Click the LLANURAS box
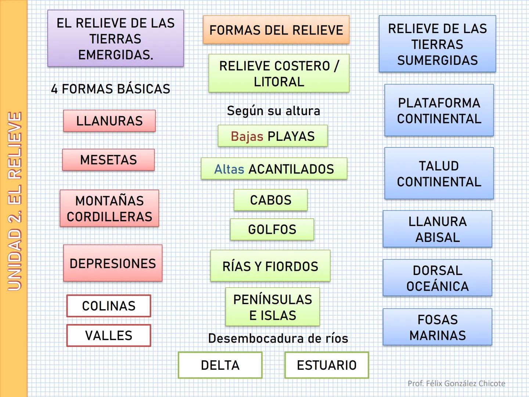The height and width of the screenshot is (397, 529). [x=109, y=121]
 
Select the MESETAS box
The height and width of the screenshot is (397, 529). [x=108, y=160]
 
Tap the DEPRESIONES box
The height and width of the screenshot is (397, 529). [x=113, y=263]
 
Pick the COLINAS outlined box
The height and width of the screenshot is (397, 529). [x=109, y=306]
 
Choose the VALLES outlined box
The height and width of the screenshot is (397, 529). [x=109, y=335]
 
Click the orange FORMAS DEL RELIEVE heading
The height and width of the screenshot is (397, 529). [x=276, y=30]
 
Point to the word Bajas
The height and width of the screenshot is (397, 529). [x=247, y=136]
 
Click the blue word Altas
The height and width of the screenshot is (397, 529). [x=229, y=169]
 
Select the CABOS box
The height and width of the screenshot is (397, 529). [x=270, y=200]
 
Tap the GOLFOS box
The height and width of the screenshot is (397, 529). [x=272, y=229]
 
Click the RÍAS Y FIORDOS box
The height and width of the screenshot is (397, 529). [x=270, y=266]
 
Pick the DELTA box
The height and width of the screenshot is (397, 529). [x=220, y=365]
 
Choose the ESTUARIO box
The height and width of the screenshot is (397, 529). [x=327, y=365]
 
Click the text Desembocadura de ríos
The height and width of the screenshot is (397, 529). [x=278, y=338]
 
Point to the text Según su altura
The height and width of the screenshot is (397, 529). [x=273, y=111]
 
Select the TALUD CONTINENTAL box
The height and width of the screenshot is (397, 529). [x=439, y=174]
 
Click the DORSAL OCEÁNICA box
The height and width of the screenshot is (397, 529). [x=438, y=278]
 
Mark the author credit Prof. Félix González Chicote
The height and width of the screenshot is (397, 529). [x=456, y=383]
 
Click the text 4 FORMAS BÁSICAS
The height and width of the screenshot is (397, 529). [x=111, y=89]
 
